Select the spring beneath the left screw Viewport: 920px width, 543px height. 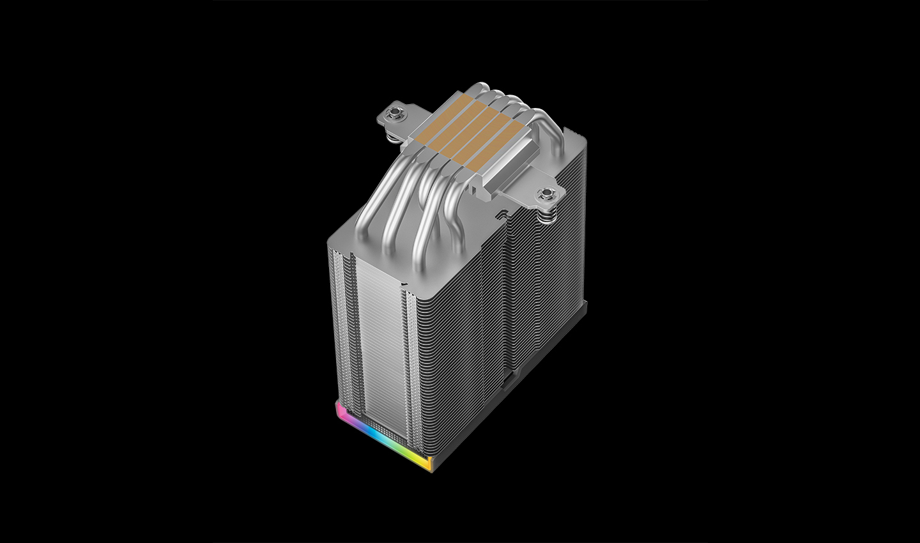point(396,128)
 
